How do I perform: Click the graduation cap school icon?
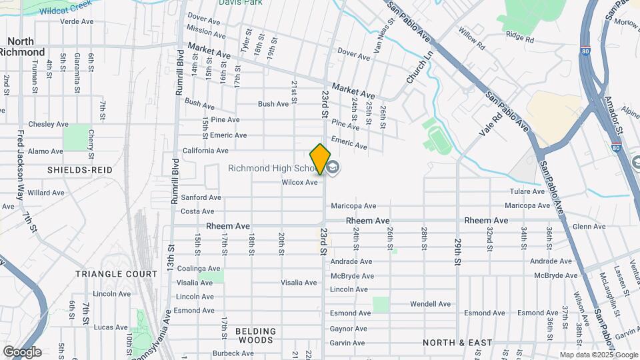(333, 167)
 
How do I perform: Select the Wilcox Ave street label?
(299, 182)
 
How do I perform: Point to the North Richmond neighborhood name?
(22, 47)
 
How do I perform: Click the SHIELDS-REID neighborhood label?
(79, 171)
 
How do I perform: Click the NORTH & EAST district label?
(457, 343)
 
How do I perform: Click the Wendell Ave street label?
(430, 304)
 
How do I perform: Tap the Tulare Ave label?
(528, 191)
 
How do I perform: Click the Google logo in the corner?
(22, 351)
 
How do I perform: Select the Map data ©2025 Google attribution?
(598, 355)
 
